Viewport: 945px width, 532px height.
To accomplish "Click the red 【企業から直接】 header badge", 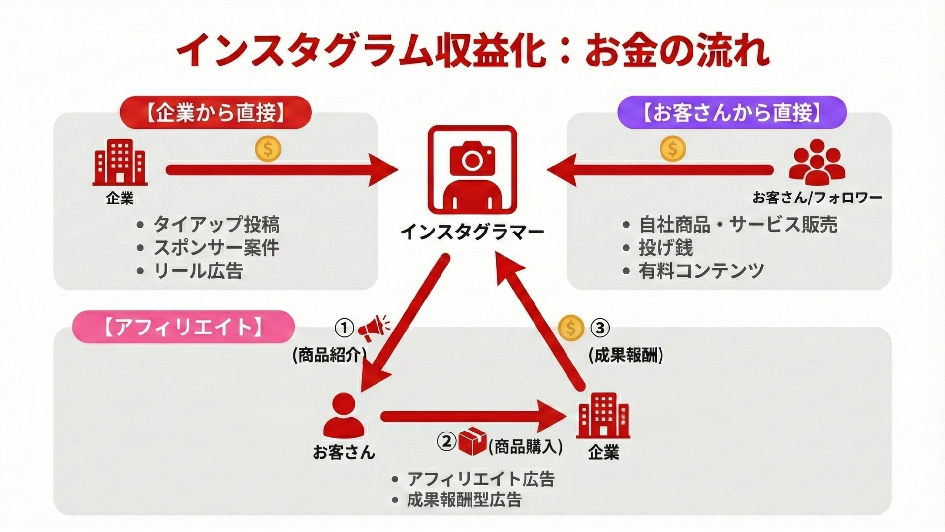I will click(x=215, y=113).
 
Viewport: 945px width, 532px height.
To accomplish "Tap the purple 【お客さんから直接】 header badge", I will click(x=731, y=113).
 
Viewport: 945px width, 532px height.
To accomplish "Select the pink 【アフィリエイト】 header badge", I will click(x=183, y=327).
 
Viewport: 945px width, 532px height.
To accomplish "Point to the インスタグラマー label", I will click(x=472, y=232).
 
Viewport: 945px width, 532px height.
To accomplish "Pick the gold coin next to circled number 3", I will click(x=571, y=328).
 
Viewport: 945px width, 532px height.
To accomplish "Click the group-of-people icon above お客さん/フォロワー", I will click(x=817, y=162).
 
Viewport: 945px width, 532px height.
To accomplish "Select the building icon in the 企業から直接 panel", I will click(x=120, y=162).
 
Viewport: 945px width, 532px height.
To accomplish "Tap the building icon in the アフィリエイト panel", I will click(x=603, y=416).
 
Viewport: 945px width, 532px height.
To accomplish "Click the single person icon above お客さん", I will click(x=344, y=416).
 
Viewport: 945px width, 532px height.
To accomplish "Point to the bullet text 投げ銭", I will click(x=665, y=248).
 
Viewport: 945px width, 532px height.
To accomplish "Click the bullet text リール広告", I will click(x=198, y=271).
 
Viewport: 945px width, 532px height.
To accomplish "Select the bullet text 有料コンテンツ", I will click(x=701, y=271).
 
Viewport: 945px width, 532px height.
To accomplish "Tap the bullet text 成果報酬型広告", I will click(x=464, y=500).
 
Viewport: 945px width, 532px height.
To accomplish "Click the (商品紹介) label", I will click(x=329, y=355).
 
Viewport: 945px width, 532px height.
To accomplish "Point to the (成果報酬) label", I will click(x=626, y=355).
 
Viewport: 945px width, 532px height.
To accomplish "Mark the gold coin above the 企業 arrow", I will click(x=268, y=149).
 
